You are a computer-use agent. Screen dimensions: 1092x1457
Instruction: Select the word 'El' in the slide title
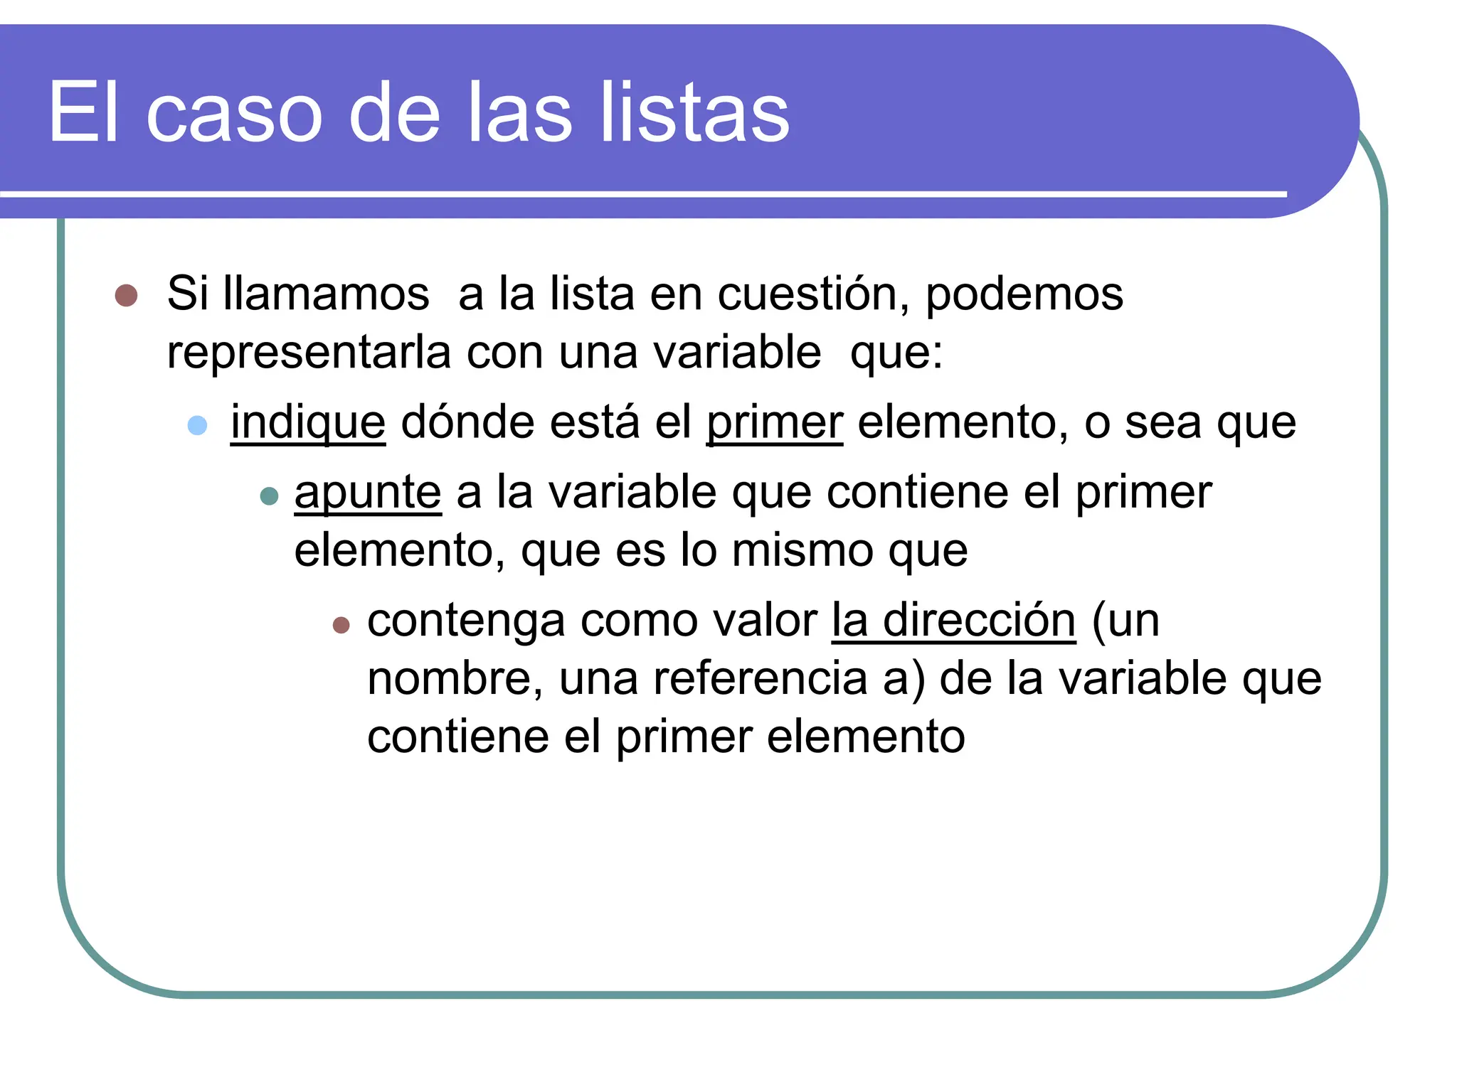83,112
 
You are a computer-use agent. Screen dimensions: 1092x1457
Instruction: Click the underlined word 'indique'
308,423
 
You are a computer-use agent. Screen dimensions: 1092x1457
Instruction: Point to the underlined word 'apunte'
368,493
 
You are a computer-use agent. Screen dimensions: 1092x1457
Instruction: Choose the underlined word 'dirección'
979,621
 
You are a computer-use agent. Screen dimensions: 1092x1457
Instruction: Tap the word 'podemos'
1024,295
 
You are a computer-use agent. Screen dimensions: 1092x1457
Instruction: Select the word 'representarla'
309,353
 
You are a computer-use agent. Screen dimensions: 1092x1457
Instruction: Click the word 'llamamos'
327,294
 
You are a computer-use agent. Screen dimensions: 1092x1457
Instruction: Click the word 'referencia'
760,679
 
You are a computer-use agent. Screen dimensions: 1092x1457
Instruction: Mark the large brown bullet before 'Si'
126,295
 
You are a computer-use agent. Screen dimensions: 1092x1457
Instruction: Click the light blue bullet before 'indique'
197,425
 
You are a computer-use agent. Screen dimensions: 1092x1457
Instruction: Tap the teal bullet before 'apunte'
269,496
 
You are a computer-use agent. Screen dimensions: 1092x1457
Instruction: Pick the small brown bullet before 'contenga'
341,624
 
